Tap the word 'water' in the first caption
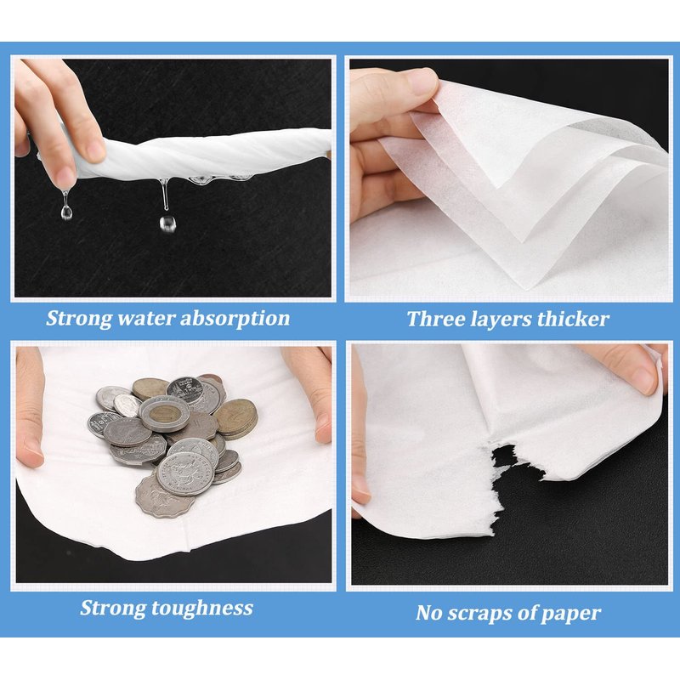[x=145, y=318]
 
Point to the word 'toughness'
[x=203, y=609]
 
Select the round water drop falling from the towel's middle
[x=167, y=223]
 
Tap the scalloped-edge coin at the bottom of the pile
[x=165, y=496]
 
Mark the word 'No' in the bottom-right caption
[x=429, y=613]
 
